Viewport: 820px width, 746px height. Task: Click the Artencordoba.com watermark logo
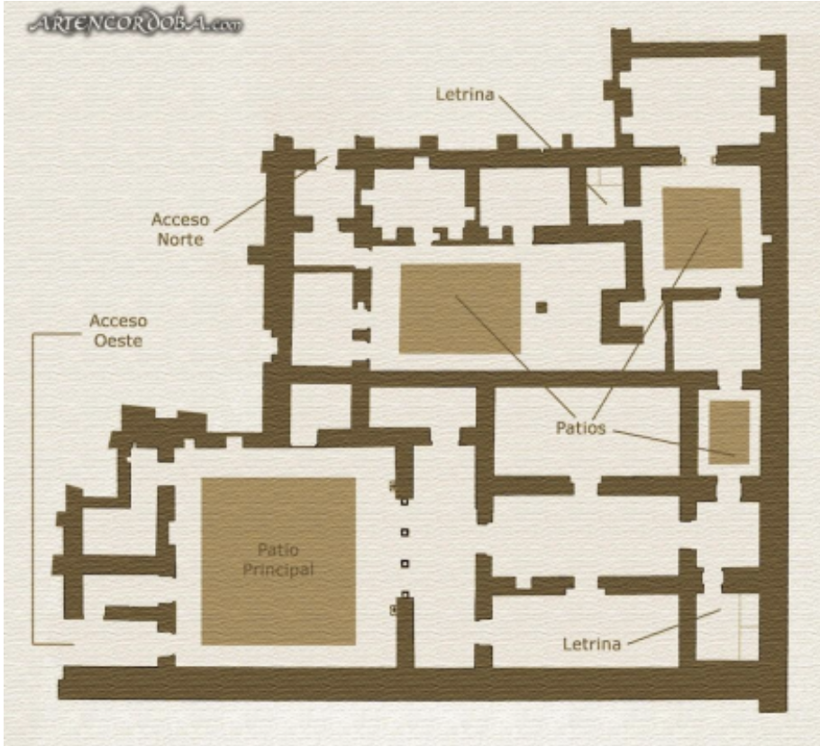click(136, 23)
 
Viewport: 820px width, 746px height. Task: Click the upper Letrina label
click(465, 95)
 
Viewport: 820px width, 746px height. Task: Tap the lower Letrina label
click(591, 643)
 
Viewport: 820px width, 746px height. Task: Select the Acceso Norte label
click(180, 230)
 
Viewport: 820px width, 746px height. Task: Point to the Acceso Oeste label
click(118, 331)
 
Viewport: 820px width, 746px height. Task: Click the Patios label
click(580, 428)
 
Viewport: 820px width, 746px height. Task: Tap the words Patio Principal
click(278, 559)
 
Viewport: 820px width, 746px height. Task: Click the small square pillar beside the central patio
click(542, 307)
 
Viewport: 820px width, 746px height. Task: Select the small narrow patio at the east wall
click(729, 432)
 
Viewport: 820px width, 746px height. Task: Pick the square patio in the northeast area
click(702, 228)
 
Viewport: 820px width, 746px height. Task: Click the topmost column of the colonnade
click(405, 502)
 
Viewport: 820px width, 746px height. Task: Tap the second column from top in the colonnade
click(405, 532)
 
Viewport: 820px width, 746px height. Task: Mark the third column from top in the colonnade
click(405, 563)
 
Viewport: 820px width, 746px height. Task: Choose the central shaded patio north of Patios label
click(460, 309)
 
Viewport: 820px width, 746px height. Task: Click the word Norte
click(180, 240)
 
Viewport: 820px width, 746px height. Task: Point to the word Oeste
click(118, 341)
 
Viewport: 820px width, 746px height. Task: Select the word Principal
click(278, 569)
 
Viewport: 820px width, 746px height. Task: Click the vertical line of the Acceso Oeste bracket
click(33, 489)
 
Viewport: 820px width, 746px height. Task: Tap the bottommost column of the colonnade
click(405, 595)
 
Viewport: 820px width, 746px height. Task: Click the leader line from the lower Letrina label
click(674, 627)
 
